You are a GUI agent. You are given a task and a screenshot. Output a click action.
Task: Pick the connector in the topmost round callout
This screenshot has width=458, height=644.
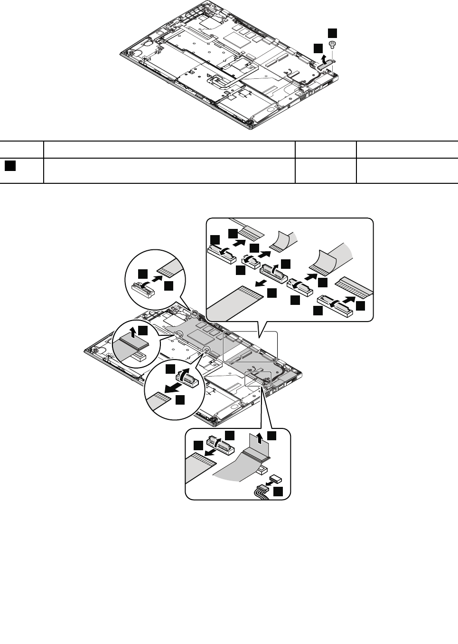click(x=143, y=288)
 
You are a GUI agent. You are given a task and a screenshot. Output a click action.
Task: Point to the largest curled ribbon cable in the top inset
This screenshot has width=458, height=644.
click(x=337, y=256)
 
